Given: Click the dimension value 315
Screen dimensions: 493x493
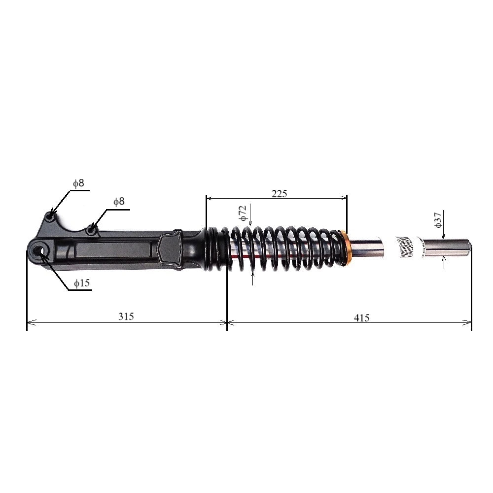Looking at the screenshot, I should click(x=126, y=317).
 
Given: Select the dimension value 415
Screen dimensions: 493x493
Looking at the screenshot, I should click(x=362, y=318).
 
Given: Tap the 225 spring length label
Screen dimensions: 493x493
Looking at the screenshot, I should click(x=279, y=193).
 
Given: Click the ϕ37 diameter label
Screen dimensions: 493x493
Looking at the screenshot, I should click(x=438, y=219).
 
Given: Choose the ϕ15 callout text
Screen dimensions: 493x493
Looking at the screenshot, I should click(x=82, y=283).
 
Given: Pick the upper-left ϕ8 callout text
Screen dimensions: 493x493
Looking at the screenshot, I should click(x=78, y=183).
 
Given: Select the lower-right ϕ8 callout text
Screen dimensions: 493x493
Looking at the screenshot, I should click(x=119, y=201).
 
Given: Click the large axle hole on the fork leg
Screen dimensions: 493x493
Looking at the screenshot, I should click(x=38, y=251).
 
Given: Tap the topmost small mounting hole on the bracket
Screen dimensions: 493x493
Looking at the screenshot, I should click(x=50, y=216).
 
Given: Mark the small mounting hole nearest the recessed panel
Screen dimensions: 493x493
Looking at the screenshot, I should click(x=91, y=229).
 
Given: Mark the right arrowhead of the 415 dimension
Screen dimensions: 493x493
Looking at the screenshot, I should click(x=469, y=322).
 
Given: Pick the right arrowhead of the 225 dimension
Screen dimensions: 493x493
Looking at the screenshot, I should click(x=345, y=198).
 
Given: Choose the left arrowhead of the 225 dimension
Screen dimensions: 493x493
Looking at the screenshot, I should click(x=209, y=198).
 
